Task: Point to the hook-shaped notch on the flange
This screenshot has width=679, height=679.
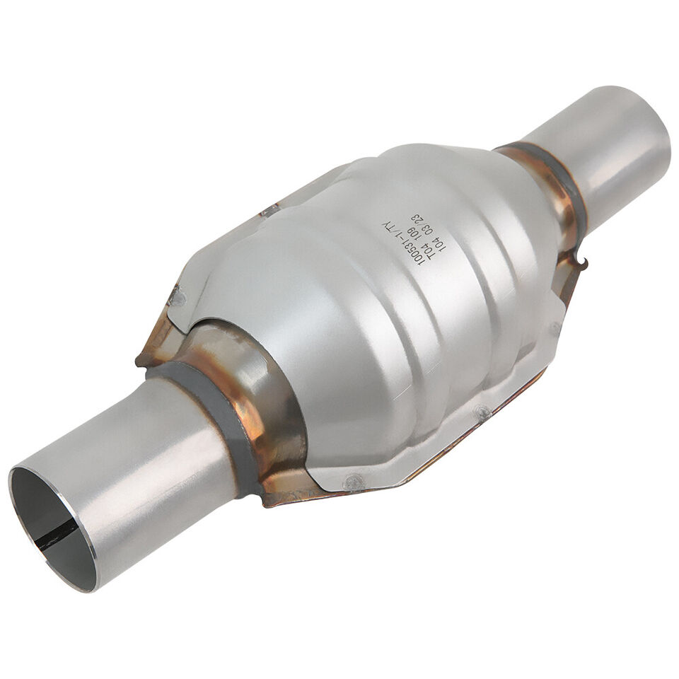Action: [x=581, y=267]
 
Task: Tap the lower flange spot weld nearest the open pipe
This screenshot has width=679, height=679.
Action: [x=354, y=482]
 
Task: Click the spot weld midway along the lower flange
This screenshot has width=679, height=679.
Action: [x=482, y=410]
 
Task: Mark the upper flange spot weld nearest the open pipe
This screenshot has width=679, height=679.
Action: [x=177, y=296]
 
